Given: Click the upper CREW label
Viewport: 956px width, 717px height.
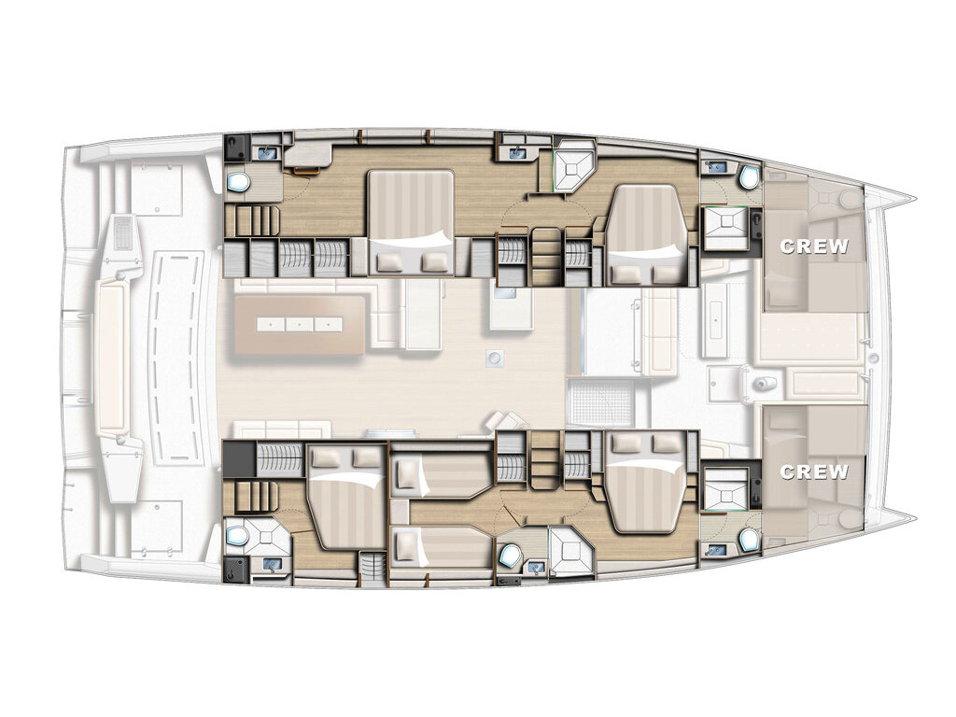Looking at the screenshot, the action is tap(814, 246).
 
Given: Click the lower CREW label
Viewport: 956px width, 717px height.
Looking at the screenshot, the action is tap(814, 471).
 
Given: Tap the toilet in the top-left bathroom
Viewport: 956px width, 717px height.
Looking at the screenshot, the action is tap(238, 181).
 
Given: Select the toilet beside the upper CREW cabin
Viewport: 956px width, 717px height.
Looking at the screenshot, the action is tap(748, 177).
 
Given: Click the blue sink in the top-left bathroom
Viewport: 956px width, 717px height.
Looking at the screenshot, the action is tap(268, 152).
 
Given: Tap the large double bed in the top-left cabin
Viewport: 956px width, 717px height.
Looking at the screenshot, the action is tap(411, 223).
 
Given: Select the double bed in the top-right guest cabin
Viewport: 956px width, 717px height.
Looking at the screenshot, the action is tap(650, 234).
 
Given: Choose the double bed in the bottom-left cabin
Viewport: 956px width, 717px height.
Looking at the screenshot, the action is tap(345, 497).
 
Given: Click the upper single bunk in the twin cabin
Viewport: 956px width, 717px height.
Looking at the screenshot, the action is tap(441, 472).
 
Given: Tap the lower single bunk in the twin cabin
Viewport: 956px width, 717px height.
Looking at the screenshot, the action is tap(441, 544).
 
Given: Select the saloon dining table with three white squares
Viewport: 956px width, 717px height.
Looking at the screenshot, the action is tap(300, 324).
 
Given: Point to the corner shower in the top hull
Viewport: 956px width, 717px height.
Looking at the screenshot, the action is tap(574, 163).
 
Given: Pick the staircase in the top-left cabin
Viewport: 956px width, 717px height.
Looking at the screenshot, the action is tap(252, 220).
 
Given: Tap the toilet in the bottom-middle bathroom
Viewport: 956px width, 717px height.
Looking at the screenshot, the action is tap(509, 555).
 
